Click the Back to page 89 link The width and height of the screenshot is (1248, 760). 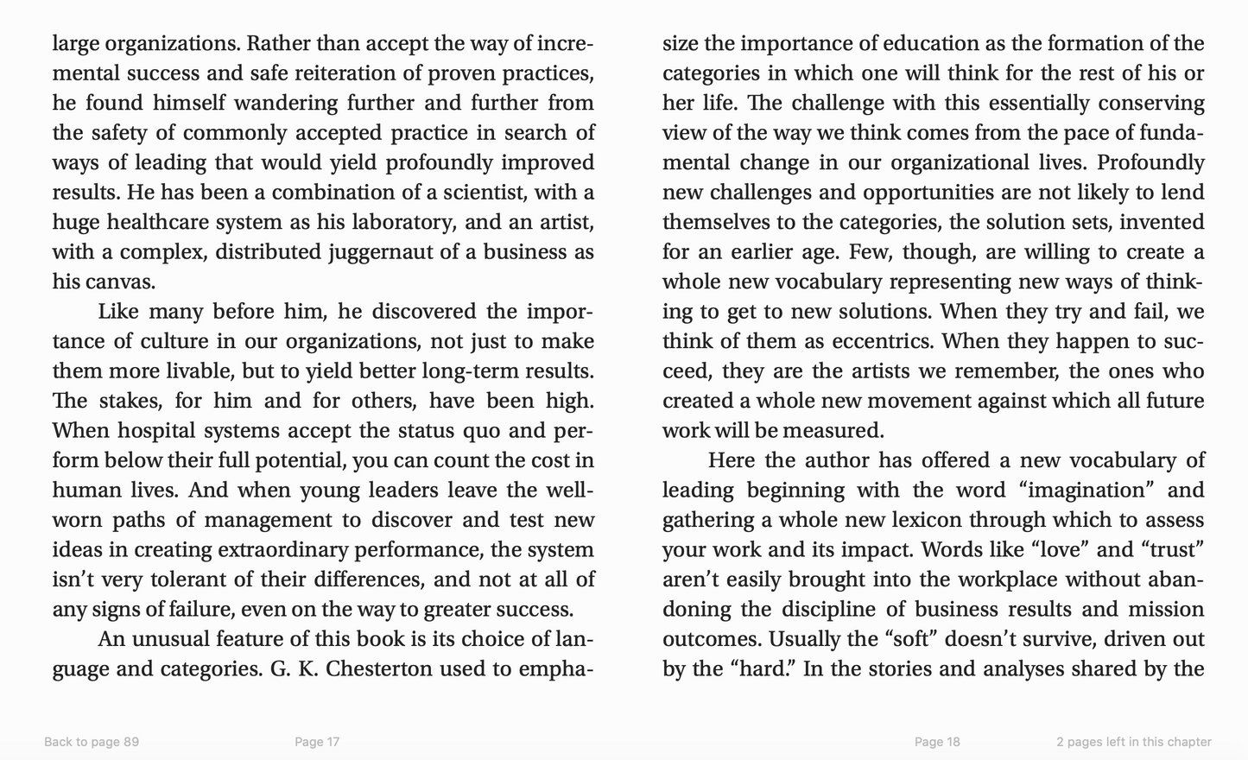click(x=92, y=742)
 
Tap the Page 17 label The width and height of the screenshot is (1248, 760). click(x=317, y=742)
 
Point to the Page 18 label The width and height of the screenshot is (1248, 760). click(x=937, y=742)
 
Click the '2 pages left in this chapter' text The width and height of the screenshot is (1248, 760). click(x=1133, y=742)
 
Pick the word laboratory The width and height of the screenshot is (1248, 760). click(x=404, y=223)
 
